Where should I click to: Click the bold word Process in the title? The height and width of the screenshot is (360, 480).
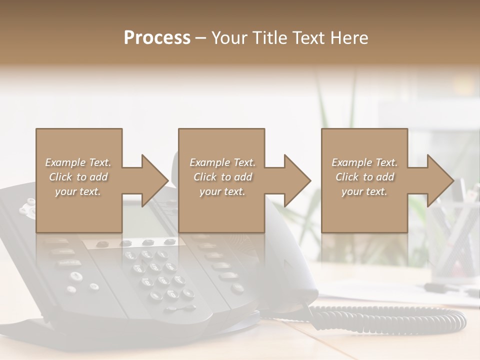point(157,38)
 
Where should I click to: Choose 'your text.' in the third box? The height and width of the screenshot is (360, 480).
point(364,191)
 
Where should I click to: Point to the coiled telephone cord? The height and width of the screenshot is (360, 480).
point(390,320)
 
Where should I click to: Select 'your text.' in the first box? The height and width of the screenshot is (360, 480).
point(77,191)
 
